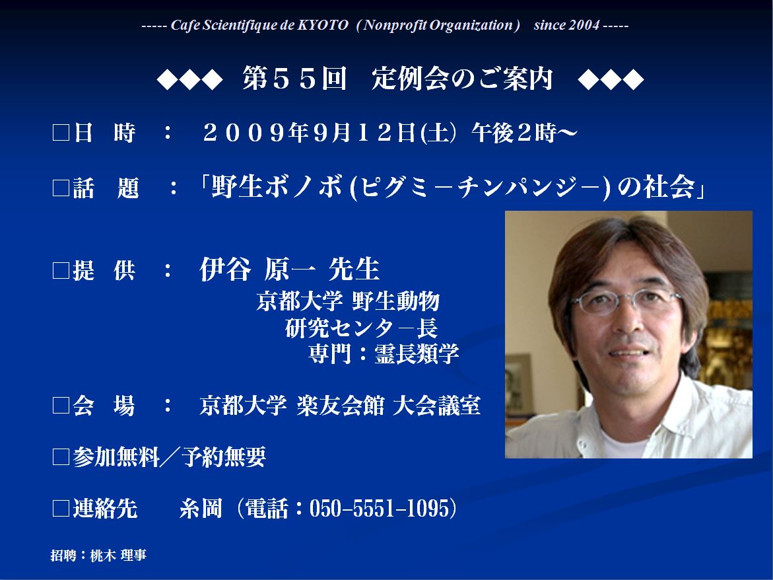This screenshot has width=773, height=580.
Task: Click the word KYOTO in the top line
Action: click(x=322, y=25)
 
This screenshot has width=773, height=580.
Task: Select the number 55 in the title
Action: click(x=294, y=79)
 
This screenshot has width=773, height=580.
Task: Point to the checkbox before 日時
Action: click(x=61, y=133)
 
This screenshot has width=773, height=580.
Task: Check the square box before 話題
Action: click(x=61, y=188)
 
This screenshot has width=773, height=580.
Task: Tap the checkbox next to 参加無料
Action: click(x=61, y=456)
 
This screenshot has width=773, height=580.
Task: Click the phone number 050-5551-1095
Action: click(x=377, y=509)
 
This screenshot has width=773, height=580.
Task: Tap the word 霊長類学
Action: click(x=417, y=353)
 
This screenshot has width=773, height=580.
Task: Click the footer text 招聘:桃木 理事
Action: click(x=98, y=556)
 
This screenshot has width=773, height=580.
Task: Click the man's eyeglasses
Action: click(x=626, y=301)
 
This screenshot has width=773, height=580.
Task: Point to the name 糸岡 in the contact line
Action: click(x=201, y=509)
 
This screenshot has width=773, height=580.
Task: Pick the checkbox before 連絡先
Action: click(x=61, y=509)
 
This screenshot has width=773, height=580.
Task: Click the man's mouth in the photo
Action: click(x=628, y=353)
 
